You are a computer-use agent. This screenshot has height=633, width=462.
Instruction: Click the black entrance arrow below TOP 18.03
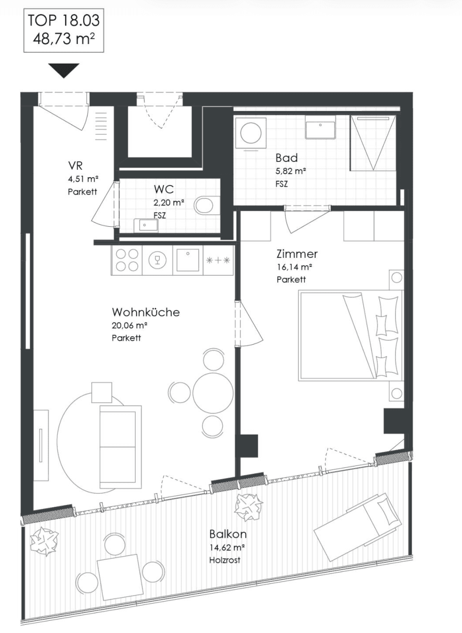[x=64, y=70]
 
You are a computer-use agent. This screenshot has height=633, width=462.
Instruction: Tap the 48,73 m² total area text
[x=64, y=38]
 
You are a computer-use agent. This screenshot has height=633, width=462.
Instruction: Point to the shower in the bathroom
[x=373, y=143]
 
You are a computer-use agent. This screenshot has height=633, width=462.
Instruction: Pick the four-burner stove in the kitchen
[x=127, y=260]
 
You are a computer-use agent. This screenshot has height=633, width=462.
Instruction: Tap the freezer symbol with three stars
[x=218, y=260]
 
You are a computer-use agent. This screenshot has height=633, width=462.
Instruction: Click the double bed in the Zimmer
[x=351, y=335]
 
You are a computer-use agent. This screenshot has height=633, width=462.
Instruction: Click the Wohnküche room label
[x=146, y=312]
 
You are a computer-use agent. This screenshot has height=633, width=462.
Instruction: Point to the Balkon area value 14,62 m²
[x=227, y=548]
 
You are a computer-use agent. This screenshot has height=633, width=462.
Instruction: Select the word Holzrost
[x=225, y=560]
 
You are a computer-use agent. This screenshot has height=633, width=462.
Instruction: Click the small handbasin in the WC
[x=146, y=226]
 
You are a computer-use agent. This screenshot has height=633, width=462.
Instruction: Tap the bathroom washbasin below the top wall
[x=320, y=127]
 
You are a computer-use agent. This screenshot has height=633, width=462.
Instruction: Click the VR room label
[x=75, y=166]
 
